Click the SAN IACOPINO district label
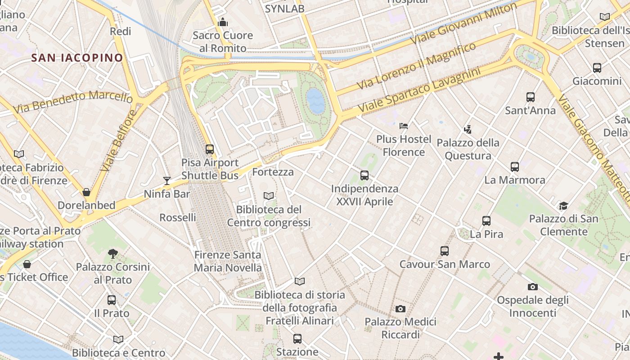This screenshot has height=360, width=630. [x=77, y=58]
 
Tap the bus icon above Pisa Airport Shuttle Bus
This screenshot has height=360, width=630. [x=210, y=149]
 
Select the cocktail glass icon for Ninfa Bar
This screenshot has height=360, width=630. [x=167, y=181]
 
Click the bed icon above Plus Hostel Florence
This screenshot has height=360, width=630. [x=404, y=126]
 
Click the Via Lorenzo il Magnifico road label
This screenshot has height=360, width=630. [x=416, y=65]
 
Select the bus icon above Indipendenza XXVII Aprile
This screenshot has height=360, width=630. [x=364, y=175]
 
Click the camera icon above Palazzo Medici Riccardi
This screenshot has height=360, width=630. [x=400, y=309]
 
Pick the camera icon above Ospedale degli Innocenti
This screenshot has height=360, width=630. [x=533, y=287]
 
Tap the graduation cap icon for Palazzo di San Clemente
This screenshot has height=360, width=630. [x=563, y=206]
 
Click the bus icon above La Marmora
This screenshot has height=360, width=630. [x=515, y=167]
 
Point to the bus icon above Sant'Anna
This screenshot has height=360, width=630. [x=531, y=97]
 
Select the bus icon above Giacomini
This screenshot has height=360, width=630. [x=597, y=68]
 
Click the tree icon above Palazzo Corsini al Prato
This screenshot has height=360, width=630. [x=112, y=254]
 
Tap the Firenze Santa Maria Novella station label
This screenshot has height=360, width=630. [x=228, y=261]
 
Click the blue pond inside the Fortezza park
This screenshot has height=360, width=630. [x=315, y=100]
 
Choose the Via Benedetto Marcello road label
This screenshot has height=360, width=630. [x=73, y=102]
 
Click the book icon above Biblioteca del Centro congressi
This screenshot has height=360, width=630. [x=269, y=196]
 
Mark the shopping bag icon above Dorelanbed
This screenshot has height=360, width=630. [x=86, y=192]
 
